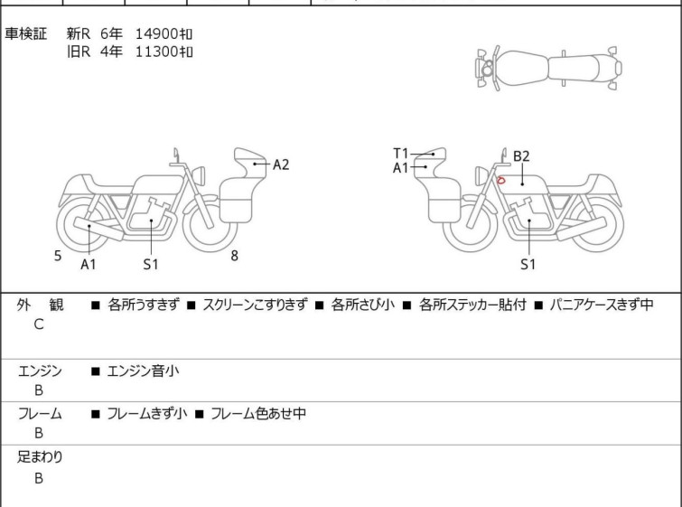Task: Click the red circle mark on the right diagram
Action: pyautogui.click(x=501, y=180)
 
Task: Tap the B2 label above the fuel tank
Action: pyautogui.click(x=521, y=156)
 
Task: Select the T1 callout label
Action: pyautogui.click(x=400, y=154)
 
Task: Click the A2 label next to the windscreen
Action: pyautogui.click(x=281, y=164)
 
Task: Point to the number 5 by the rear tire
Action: pyautogui.click(x=58, y=256)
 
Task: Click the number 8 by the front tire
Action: pyautogui.click(x=235, y=256)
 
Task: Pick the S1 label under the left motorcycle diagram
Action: pyautogui.click(x=151, y=264)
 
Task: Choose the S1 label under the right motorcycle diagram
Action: pyautogui.click(x=528, y=264)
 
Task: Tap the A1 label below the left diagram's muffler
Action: pyautogui.click(x=89, y=264)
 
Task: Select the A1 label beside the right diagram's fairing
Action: pyautogui.click(x=400, y=167)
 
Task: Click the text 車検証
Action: pyautogui.click(x=25, y=33)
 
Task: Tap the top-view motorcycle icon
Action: pyautogui.click(x=549, y=69)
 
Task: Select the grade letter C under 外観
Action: pyautogui.click(x=39, y=324)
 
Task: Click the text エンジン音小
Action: pyautogui.click(x=143, y=371)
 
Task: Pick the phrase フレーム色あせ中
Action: pyautogui.click(x=258, y=413)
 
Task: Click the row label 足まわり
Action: pyautogui.click(x=40, y=457)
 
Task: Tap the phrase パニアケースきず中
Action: pyautogui.click(x=602, y=305)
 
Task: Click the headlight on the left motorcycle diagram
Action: pyautogui.click(x=199, y=176)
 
